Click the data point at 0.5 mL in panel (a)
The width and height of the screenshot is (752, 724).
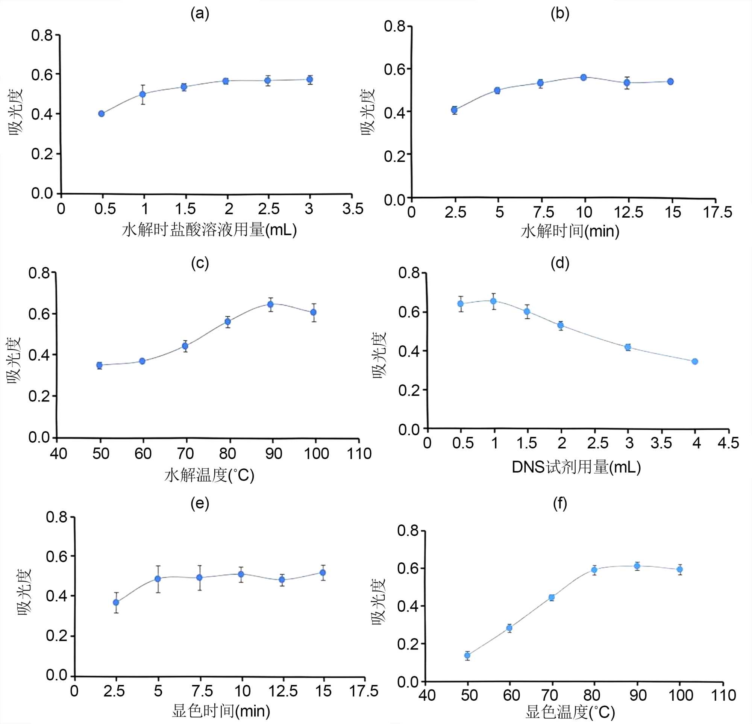101,114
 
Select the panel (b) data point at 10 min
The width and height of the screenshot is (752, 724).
584,77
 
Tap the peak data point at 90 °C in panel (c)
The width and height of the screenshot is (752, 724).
270,304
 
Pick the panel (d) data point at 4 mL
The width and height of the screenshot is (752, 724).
695,361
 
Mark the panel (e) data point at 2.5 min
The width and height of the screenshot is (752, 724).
116,602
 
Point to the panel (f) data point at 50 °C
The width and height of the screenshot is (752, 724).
467,655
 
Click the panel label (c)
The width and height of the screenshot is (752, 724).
200,263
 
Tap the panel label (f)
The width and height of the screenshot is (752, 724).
560,503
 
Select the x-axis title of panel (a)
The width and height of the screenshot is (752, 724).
209,230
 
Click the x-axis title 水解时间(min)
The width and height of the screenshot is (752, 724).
570,231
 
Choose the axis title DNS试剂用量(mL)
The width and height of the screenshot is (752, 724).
576,467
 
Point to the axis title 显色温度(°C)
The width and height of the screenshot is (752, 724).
570,712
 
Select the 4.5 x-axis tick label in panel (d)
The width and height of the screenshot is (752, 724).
728,443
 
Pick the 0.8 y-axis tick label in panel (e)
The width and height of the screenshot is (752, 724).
56,517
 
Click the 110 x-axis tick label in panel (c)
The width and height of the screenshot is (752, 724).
359,454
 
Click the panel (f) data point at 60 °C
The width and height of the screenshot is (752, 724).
509,628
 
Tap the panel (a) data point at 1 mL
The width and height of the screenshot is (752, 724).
143,94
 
